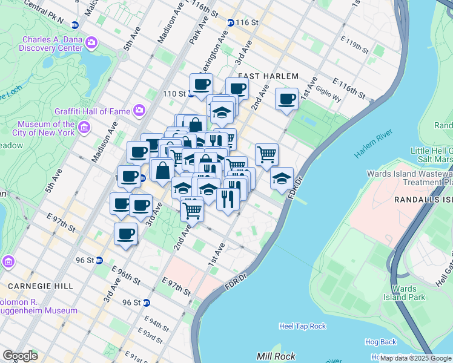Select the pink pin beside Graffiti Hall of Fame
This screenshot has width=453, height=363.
click(x=139, y=110)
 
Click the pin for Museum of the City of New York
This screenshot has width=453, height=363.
click(x=84, y=128)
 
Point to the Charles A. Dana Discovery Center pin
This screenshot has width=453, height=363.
click(x=91, y=42)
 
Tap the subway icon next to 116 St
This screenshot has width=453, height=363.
click(x=231, y=22)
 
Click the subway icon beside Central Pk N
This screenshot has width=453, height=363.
click(x=75, y=25)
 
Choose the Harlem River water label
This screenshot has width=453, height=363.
click(x=374, y=146)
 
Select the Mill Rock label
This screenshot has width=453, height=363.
click(x=276, y=356)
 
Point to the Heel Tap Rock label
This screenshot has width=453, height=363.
click(x=302, y=326)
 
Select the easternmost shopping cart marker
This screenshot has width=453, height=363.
click(x=266, y=155)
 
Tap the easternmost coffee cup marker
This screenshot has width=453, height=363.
click(x=286, y=99)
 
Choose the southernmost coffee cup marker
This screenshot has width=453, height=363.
click(x=126, y=234)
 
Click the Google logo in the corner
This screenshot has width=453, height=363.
click(x=20, y=356)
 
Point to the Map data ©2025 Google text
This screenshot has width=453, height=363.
click(x=415, y=358)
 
